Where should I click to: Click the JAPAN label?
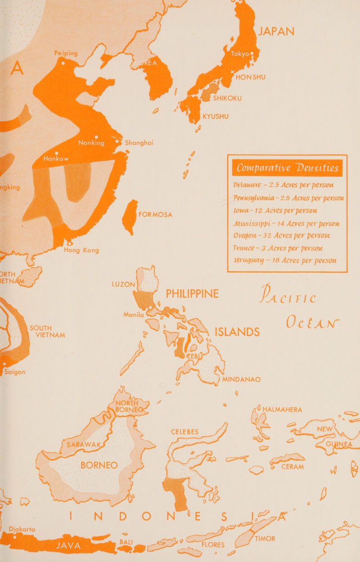[x=276, y=32]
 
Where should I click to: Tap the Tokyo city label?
[x=243, y=54]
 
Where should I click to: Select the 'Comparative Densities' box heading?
[x=288, y=168]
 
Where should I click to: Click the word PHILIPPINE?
[x=192, y=294]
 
